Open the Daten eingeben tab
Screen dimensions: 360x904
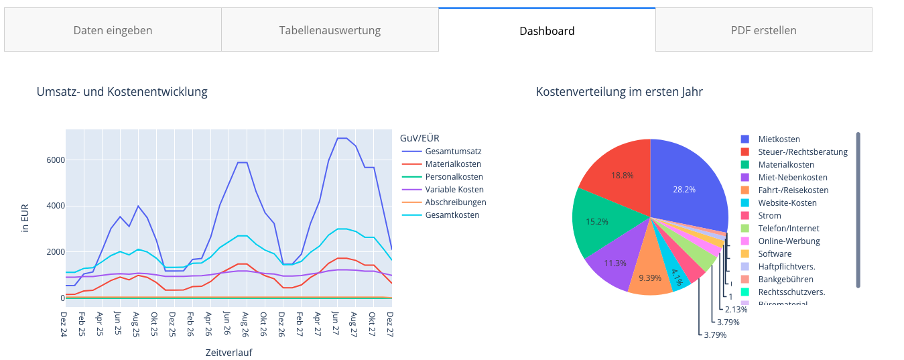tap(113, 30)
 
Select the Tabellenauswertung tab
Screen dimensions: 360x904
tap(330, 30)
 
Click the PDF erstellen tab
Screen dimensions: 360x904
tap(763, 30)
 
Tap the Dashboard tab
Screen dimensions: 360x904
tap(547, 31)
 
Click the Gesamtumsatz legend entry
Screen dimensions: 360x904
tap(453, 152)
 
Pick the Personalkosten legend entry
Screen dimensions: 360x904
tap(453, 177)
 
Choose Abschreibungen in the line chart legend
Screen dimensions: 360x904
tap(456, 202)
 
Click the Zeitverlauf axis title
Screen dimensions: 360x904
tap(229, 352)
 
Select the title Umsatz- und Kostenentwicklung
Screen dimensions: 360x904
tap(122, 92)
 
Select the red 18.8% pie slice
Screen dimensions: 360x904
tap(620, 175)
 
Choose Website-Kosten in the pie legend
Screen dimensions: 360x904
tap(787, 203)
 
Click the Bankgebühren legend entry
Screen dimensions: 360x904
tap(785, 280)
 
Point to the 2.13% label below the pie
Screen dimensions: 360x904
tap(737, 310)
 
